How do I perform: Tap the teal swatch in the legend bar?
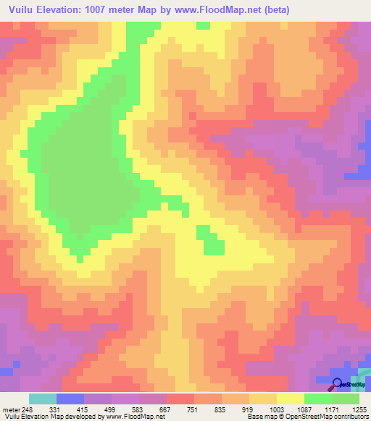click(x=43, y=399)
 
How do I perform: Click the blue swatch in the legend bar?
click(x=70, y=399)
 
